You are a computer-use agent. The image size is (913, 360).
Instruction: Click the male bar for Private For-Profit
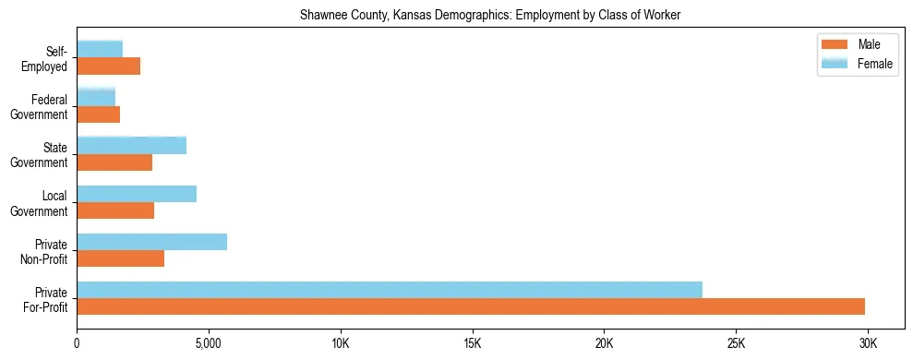pyautogui.click(x=471, y=306)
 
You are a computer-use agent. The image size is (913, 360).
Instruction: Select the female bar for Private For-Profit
pyautogui.click(x=390, y=290)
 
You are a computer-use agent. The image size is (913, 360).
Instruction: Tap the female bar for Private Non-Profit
pyautogui.click(x=151, y=242)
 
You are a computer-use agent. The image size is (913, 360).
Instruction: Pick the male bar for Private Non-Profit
pyautogui.click(x=120, y=258)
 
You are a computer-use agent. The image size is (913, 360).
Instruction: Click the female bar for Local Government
pyautogui.click(x=137, y=194)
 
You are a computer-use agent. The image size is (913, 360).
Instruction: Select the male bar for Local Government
pyautogui.click(x=115, y=210)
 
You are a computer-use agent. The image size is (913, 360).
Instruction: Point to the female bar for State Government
pyautogui.click(x=131, y=145)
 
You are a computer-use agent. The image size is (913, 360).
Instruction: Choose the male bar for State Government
pyautogui.click(x=114, y=162)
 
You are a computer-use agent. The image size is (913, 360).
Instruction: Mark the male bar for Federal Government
pyautogui.click(x=98, y=114)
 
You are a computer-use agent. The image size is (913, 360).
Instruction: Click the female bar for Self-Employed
pyautogui.click(x=100, y=49)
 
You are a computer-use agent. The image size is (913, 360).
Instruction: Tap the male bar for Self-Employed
pyautogui.click(x=108, y=66)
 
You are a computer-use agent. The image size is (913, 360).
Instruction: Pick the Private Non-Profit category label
pyautogui.click(x=46, y=252)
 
